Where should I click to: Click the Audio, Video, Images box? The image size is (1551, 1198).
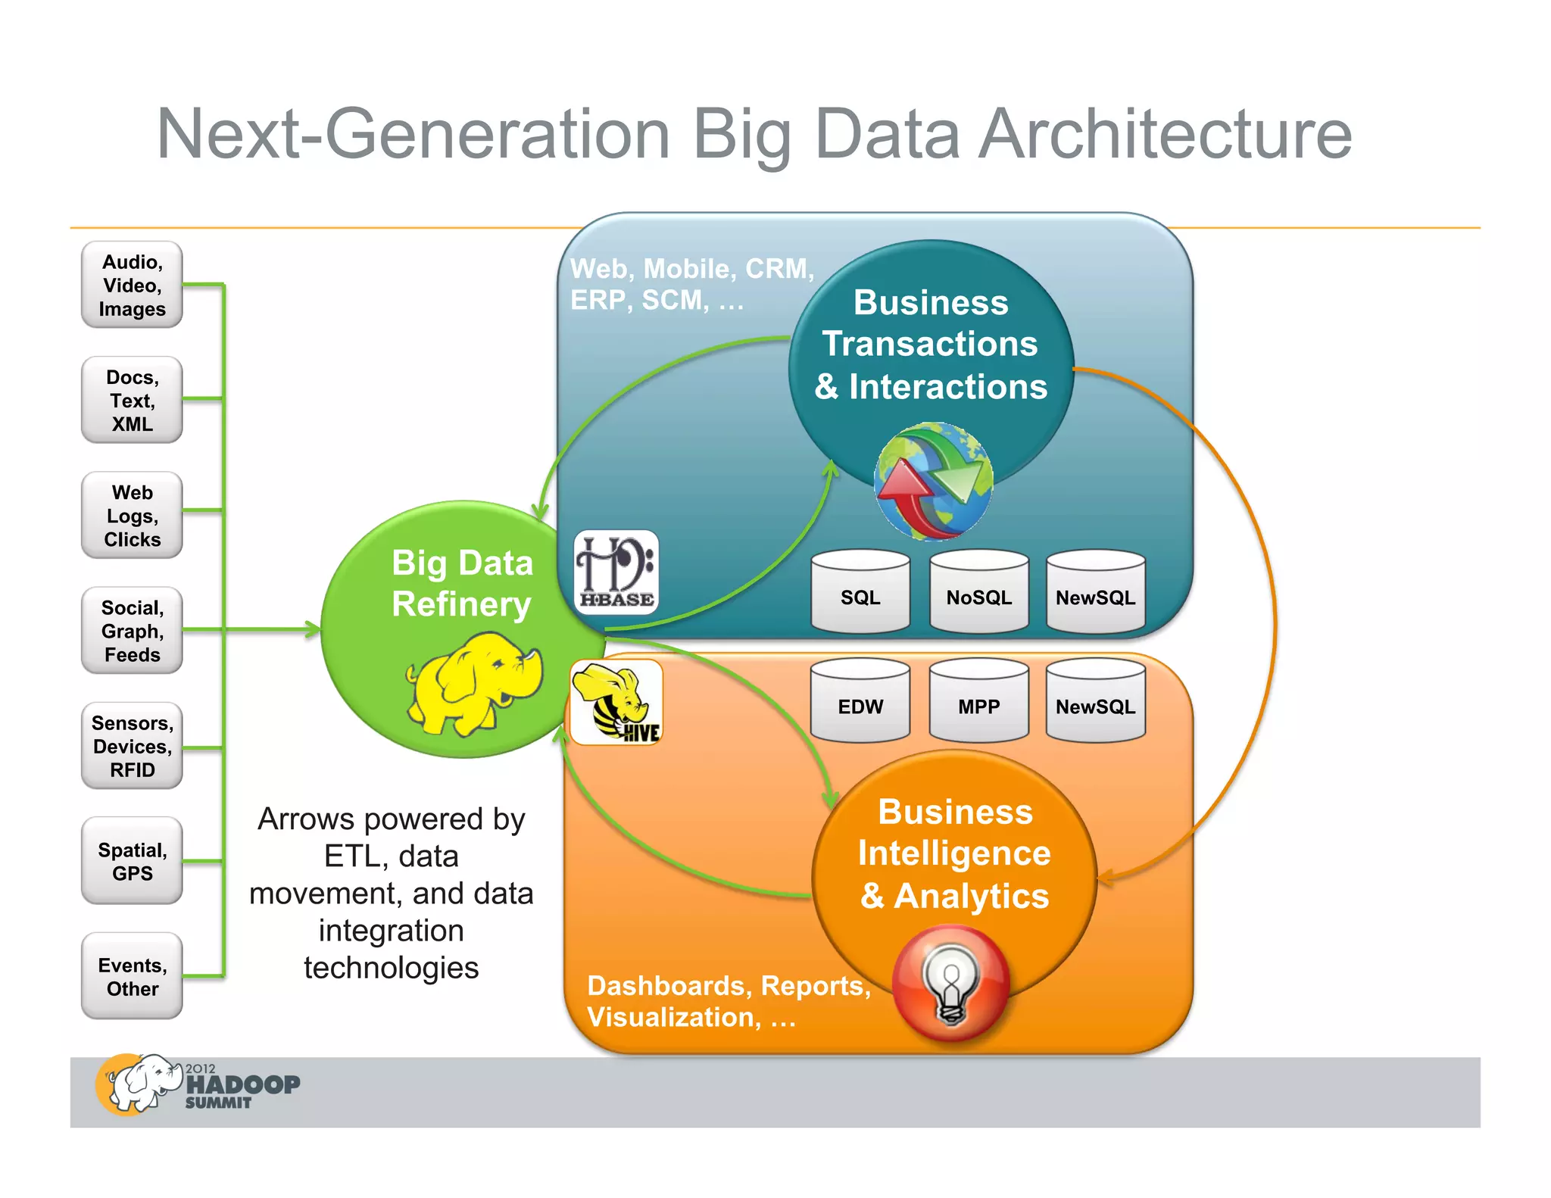(x=132, y=285)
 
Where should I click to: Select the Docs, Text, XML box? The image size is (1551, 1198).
(x=132, y=400)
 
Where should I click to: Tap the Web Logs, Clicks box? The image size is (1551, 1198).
(x=132, y=515)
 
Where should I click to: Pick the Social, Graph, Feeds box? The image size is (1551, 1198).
(x=132, y=630)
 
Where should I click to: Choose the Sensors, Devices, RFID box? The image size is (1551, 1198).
(x=132, y=746)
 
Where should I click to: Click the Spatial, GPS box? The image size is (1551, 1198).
(x=132, y=861)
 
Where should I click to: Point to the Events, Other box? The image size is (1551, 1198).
(x=132, y=976)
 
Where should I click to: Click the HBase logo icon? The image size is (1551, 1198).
(x=616, y=572)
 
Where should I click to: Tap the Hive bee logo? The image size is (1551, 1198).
(x=616, y=702)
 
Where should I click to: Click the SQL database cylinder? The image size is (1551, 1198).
(x=860, y=592)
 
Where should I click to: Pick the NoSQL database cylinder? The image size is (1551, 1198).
(x=978, y=592)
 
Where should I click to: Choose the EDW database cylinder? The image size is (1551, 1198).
(x=860, y=701)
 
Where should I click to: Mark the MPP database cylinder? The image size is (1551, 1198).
(x=978, y=701)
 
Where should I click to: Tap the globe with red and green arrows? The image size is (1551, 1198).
(x=933, y=482)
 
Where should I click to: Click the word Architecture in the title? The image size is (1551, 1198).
(x=1165, y=134)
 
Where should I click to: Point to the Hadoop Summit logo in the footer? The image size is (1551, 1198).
(x=198, y=1085)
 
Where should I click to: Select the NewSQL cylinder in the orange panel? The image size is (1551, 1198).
(x=1095, y=701)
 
